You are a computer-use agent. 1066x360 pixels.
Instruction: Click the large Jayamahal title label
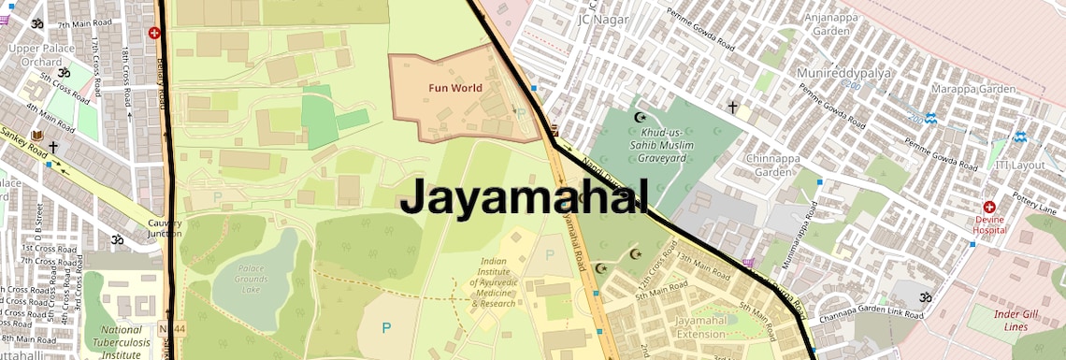coord(524,198)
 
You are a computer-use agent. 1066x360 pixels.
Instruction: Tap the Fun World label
coord(455,89)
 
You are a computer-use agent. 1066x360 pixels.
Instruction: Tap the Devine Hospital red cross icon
coord(988,207)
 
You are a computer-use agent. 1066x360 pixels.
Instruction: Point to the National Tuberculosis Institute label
coord(122,342)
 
